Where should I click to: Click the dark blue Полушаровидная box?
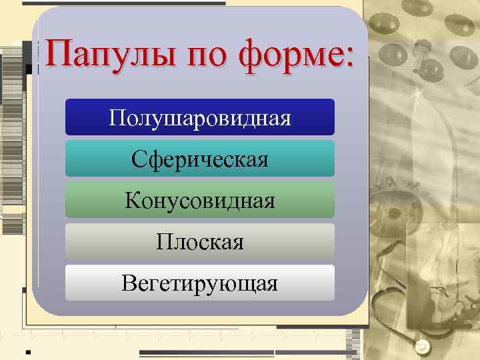200,117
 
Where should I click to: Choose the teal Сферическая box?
200,159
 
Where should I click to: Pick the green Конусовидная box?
200,200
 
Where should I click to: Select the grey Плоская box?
200,241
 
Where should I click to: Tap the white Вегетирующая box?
200,283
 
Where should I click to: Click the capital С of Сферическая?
139,159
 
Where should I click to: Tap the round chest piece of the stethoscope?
424,347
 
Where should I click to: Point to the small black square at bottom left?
27,350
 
